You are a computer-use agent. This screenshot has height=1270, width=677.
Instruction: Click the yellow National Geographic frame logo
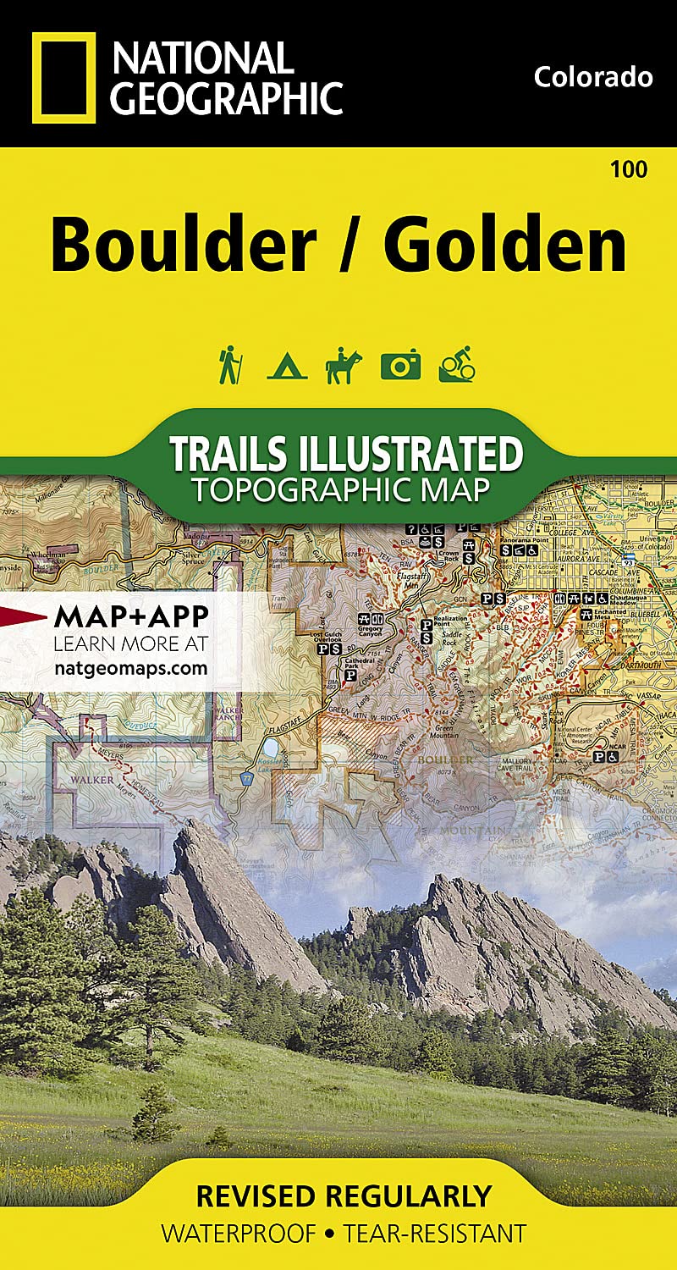click(x=64, y=78)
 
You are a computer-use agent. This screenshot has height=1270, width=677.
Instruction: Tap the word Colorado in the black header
click(x=593, y=77)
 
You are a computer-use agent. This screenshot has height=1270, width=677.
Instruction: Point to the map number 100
click(x=628, y=169)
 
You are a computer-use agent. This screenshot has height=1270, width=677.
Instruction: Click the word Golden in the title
click(x=504, y=245)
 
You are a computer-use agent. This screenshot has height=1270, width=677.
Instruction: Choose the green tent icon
click(x=287, y=367)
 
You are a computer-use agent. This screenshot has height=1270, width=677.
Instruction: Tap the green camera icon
click(x=400, y=366)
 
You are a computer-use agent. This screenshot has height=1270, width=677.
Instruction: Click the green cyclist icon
click(x=457, y=366)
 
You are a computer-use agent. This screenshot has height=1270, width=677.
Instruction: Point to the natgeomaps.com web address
click(x=130, y=667)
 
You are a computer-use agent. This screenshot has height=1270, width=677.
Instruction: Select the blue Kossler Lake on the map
click(x=270, y=748)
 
